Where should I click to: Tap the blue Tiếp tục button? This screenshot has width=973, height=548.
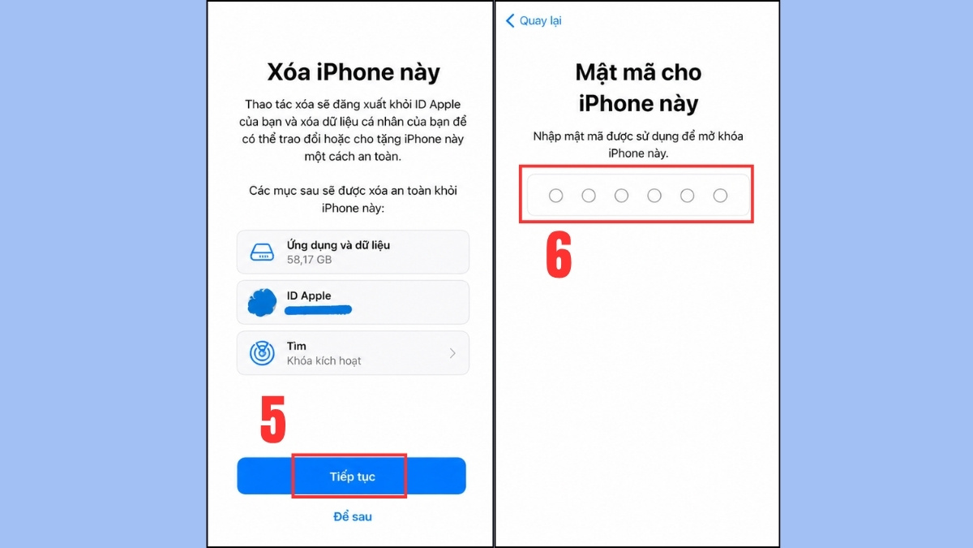351,477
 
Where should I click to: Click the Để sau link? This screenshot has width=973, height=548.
353,516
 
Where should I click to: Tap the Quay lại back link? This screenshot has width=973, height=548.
540,21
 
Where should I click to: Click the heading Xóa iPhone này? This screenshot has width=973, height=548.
354,72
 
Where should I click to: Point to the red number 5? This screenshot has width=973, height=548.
273,421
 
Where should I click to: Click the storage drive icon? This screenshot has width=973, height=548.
262,252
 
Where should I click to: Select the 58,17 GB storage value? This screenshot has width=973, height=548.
309,260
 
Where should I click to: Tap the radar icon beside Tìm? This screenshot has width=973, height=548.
262,353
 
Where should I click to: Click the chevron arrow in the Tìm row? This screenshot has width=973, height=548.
452,353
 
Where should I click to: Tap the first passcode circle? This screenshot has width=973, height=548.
555,196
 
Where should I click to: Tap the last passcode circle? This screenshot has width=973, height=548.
720,196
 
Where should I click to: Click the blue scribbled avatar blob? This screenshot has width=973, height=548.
262,302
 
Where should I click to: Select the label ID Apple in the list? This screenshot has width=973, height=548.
309,296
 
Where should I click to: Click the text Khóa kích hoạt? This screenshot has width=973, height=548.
324,360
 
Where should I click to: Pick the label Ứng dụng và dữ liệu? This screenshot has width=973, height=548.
339,244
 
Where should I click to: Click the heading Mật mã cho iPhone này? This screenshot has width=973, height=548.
638,88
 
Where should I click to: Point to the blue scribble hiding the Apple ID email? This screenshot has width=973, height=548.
318,310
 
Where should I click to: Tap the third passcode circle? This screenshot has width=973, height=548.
621,196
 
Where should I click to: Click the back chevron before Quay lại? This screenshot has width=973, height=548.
510,21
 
